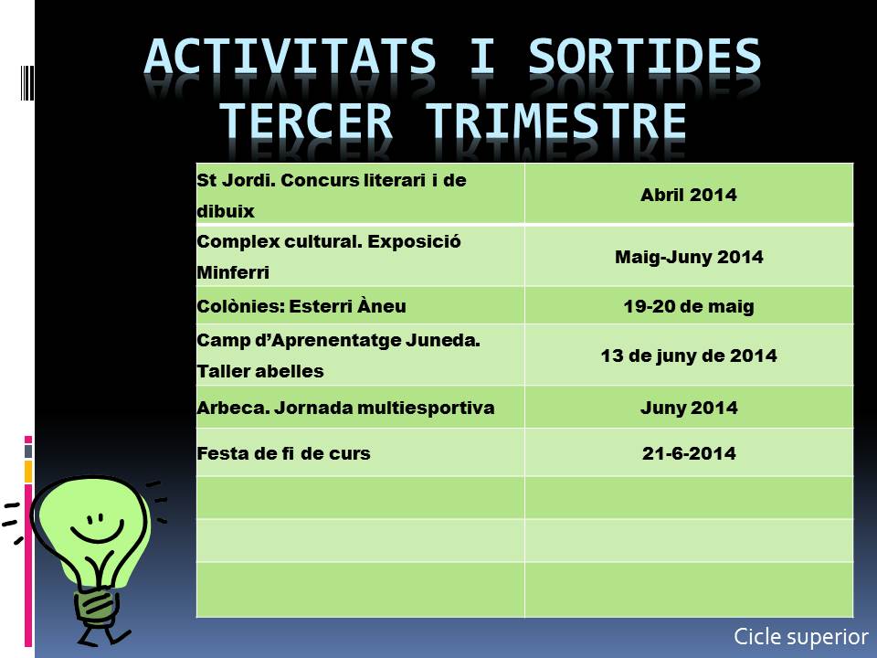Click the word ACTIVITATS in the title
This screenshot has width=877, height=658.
pos(290,57)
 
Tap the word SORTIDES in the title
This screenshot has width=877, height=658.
pos(644,57)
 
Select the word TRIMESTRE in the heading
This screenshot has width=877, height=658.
pos(556,121)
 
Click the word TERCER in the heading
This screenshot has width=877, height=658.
pos(305,121)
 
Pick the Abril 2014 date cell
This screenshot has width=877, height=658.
pos(689,195)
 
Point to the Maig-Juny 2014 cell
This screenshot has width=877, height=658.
pos(689,257)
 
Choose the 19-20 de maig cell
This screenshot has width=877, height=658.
pos(689,306)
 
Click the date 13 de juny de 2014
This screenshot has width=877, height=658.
pos(689,356)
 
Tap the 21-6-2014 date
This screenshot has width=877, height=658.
pos(689,453)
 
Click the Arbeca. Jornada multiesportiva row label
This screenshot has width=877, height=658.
pos(345,408)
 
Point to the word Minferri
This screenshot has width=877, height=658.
pos(233,272)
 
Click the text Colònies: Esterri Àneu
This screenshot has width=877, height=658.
pos(301,306)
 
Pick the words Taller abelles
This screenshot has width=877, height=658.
pos(260,371)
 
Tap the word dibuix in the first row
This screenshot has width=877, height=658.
pos(226,211)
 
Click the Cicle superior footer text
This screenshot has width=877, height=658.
pos(801,637)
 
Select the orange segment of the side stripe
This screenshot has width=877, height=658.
pos(28,472)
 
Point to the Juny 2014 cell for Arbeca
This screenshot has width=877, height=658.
pos(689,408)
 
